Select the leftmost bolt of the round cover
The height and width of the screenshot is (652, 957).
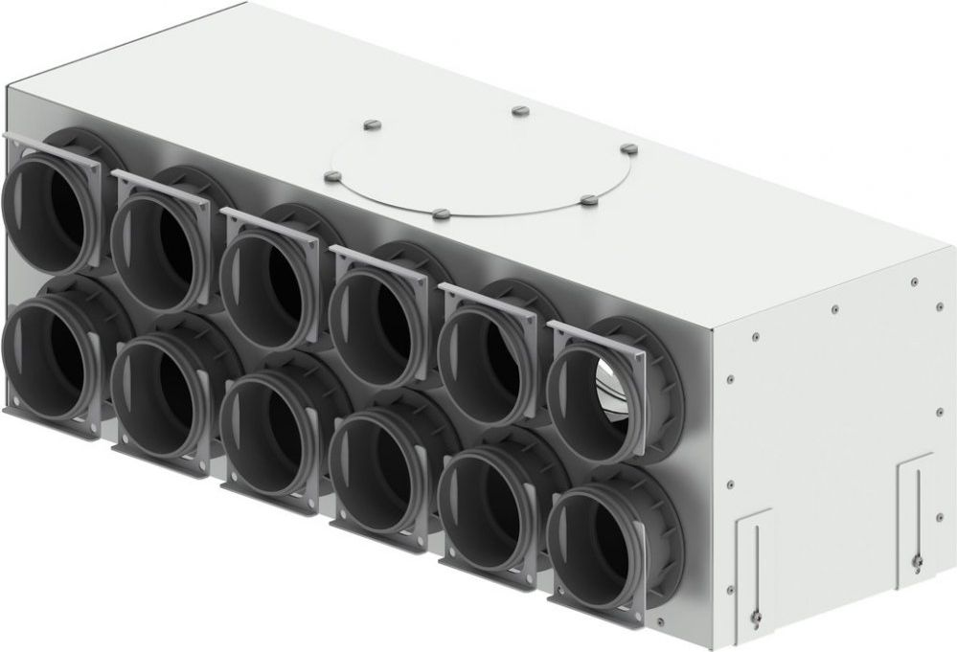click(x=332, y=176)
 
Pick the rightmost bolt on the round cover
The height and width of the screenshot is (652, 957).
click(x=628, y=148)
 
